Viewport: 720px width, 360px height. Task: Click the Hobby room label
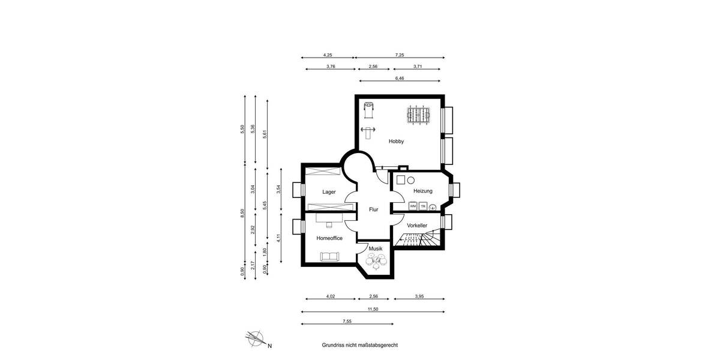(396, 142)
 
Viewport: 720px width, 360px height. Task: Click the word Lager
(329, 192)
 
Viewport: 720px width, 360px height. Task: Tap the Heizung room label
(422, 191)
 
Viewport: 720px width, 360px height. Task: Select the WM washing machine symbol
(413, 206)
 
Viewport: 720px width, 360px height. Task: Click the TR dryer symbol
(423, 206)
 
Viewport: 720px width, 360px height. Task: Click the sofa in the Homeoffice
(329, 257)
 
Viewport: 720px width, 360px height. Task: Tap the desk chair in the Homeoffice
(329, 226)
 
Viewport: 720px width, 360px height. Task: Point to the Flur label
(373, 209)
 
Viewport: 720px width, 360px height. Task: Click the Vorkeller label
(416, 225)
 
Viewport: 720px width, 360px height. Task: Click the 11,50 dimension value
(373, 308)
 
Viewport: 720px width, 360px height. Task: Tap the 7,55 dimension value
(347, 322)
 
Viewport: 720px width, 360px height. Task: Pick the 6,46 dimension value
(400, 78)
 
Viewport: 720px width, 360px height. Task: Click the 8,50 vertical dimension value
(242, 212)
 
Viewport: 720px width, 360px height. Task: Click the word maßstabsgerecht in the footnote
(376, 346)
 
